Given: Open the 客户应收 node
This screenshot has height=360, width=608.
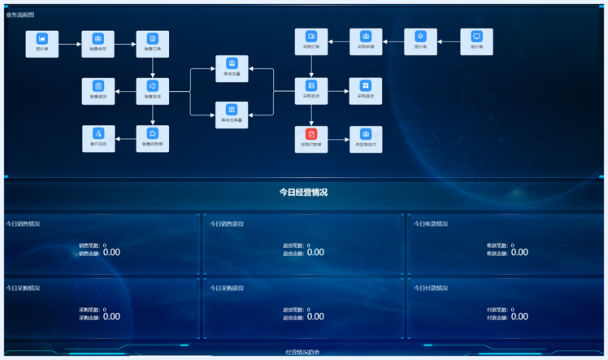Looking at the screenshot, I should [98, 137].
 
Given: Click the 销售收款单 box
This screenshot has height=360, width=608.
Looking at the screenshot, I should [152, 137].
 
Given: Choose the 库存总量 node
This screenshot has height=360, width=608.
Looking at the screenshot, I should [232, 67].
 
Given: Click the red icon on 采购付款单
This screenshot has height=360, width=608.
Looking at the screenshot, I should [311, 133].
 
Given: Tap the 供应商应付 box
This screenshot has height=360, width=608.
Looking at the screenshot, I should [366, 138].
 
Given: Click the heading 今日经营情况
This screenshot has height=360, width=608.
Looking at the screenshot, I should [303, 193].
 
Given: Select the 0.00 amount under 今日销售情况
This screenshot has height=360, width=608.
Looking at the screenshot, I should [111, 253].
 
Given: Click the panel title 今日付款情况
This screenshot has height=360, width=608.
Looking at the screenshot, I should [431, 288].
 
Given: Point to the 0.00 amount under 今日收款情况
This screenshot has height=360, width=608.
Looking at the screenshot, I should [519, 253].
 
